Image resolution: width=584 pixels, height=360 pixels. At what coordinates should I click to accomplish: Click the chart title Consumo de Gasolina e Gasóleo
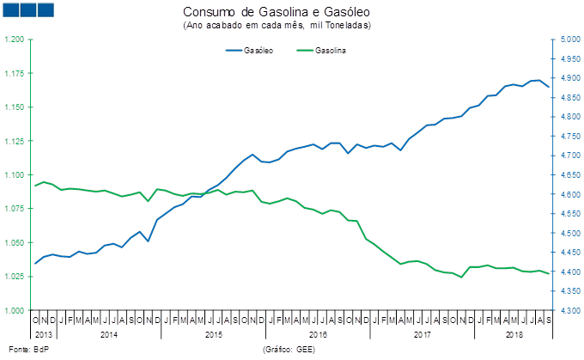click(276, 12)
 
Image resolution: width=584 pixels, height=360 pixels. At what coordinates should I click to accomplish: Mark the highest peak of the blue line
click(537, 80)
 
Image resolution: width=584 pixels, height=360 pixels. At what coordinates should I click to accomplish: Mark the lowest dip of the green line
click(461, 277)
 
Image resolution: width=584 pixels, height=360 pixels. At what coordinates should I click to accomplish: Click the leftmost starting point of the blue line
click(35, 263)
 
